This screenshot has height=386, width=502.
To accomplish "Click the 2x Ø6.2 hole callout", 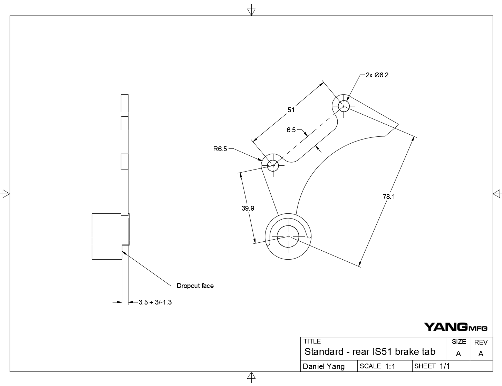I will tap(377, 75).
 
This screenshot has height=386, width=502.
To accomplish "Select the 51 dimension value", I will tap(291, 110).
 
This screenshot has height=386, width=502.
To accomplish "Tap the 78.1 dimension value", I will tap(389, 196).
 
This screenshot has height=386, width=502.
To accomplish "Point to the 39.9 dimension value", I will tap(248, 208).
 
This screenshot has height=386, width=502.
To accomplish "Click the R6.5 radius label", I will tap(220, 149).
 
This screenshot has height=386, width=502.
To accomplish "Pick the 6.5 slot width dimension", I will tap(291, 130).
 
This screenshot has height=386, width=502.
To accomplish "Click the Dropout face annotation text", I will tap(195, 286).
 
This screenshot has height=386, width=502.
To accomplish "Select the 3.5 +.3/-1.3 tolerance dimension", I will tap(155, 302).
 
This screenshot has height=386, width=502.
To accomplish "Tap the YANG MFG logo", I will tap(455, 327).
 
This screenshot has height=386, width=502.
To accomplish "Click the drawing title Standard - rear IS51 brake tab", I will tap(370, 352).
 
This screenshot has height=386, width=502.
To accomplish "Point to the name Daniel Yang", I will tap(324, 367).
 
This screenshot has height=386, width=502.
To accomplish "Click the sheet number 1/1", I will tap(444, 366).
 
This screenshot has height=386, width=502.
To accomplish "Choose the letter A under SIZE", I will tap(458, 354).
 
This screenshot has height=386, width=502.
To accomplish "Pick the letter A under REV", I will tap(481, 354).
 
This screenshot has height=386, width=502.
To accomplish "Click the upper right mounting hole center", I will tap(344, 106).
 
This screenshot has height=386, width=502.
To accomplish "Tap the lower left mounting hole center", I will tap(273, 165).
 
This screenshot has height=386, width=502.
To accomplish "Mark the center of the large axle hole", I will tap(288, 237).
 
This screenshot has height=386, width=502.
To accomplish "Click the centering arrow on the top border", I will tap(251, 11).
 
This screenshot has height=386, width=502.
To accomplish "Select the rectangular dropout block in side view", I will tap(107, 237).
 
